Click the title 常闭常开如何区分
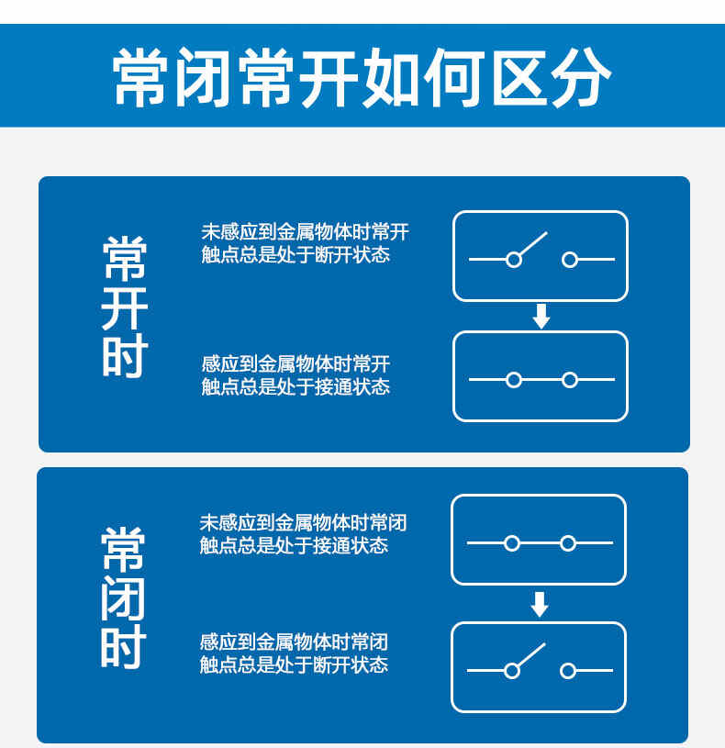pyautogui.click(x=362, y=77)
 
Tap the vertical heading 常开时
pyautogui.click(x=125, y=307)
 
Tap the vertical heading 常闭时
pyautogui.click(x=123, y=598)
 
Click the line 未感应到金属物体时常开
pyautogui.click(x=306, y=232)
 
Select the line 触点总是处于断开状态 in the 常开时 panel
pyautogui.click(x=296, y=255)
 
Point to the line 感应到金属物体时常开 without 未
pyautogui.click(x=296, y=364)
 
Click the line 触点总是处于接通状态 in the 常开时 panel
pyautogui.click(x=296, y=386)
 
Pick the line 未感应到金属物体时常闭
pyautogui.click(x=304, y=523)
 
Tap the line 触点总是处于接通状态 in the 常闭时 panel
pyautogui.click(x=294, y=545)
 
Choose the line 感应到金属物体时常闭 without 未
pyautogui.click(x=294, y=642)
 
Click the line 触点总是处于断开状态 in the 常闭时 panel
pyautogui.click(x=294, y=664)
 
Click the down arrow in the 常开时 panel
pyautogui.click(x=541, y=317)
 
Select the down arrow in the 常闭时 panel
pyautogui.click(x=539, y=605)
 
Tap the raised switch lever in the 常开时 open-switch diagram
pyautogui.click(x=533, y=243)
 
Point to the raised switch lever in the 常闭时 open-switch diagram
pyautogui.click(x=531, y=654)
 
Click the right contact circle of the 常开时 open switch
pyautogui.click(x=570, y=260)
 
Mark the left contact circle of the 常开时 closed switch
pyautogui.click(x=514, y=380)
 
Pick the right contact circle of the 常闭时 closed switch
pyautogui.click(x=567, y=543)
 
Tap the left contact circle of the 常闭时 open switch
pyautogui.click(x=512, y=671)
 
